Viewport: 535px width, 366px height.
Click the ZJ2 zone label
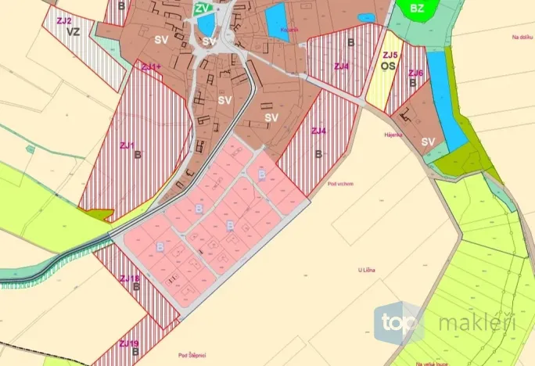point(65,20)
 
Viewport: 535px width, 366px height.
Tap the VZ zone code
point(74,32)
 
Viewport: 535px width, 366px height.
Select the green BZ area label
point(417,9)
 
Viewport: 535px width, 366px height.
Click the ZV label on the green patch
point(203,9)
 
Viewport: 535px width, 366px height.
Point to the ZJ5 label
point(390,55)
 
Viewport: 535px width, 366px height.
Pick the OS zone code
point(386,66)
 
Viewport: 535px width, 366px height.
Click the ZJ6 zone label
point(415,73)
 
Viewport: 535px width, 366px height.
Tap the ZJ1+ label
point(151,67)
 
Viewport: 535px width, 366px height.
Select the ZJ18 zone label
point(130,278)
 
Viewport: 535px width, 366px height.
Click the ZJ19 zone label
point(129,343)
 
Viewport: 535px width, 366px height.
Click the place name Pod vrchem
point(341,184)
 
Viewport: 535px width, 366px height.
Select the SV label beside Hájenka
point(428,142)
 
